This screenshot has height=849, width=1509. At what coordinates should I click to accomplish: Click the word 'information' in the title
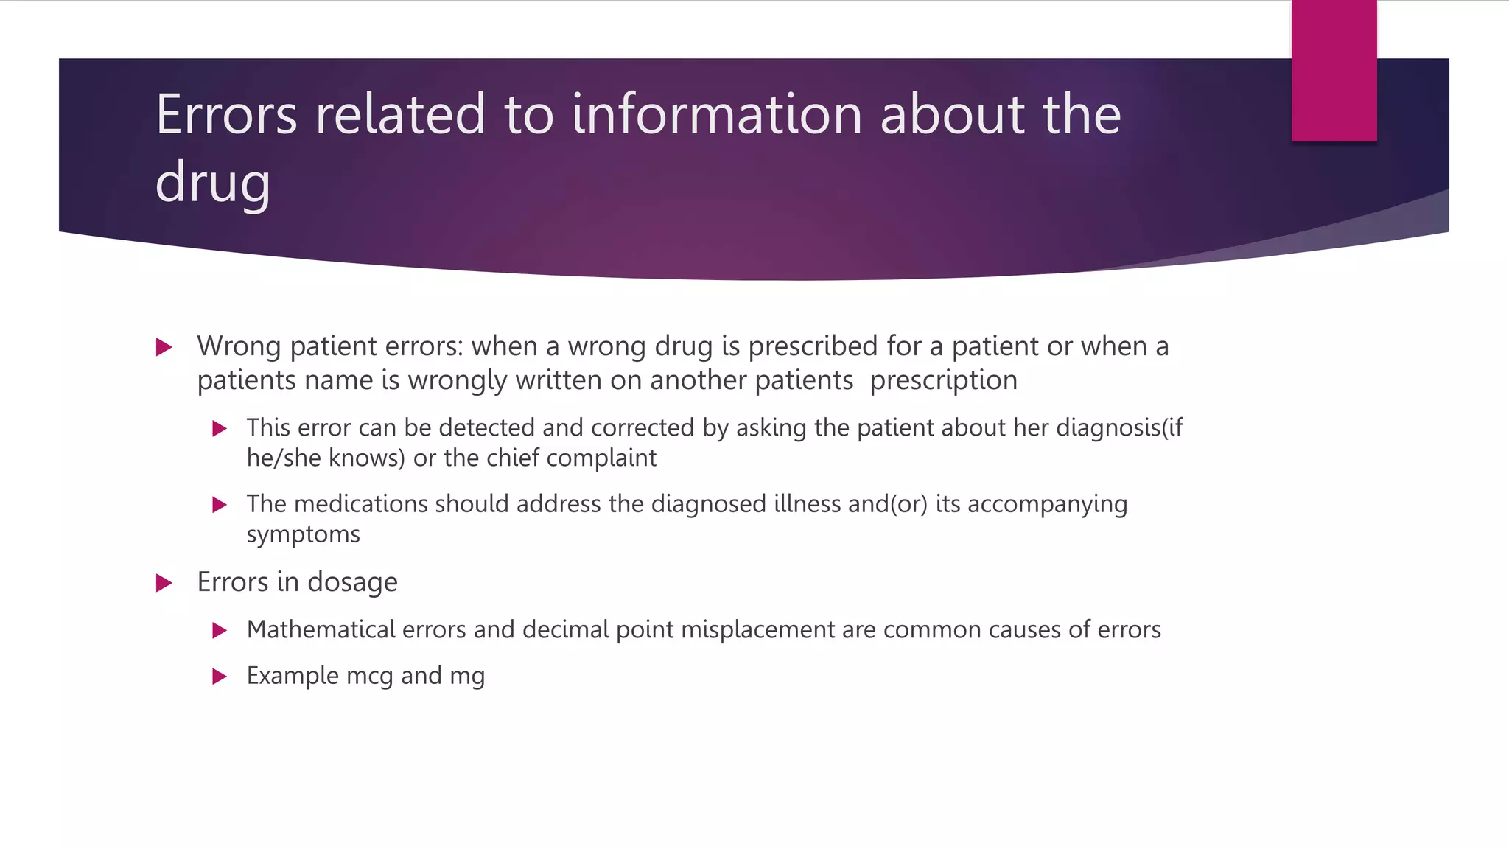coord(716,115)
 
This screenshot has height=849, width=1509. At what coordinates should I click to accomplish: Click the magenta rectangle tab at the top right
coord(1334,71)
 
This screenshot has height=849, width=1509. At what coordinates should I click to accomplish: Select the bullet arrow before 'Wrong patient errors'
coord(164,347)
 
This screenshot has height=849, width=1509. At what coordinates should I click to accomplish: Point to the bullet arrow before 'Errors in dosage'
coord(164,584)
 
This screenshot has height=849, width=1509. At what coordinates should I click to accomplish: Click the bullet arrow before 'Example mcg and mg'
coord(219,677)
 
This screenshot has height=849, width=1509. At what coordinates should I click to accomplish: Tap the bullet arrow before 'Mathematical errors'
coord(219,631)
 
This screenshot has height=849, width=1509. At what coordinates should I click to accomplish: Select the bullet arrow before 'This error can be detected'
coord(219,429)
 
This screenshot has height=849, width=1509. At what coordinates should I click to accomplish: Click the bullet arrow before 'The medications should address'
coord(219,505)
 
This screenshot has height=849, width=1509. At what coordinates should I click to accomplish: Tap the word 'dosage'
coord(352,583)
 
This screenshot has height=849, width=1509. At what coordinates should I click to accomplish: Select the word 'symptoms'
coord(303,534)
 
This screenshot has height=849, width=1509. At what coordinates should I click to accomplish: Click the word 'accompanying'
coord(1047,505)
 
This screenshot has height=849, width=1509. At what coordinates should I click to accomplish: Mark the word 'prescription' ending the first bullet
coord(943,381)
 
